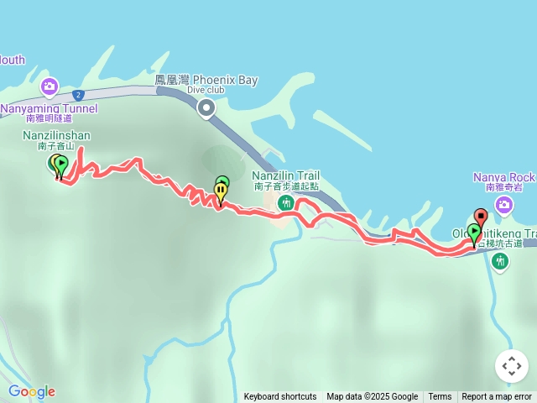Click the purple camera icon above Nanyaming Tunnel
[50, 86]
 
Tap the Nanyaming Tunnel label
[49, 108]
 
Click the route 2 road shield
[77, 95]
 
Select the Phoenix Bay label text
[206, 81]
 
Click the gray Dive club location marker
[206, 107]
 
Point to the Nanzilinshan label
[56, 135]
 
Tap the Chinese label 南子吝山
[56, 146]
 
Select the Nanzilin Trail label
[285, 175]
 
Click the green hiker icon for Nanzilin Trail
[285, 202]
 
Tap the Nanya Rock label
[503, 177]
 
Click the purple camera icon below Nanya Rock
[504, 204]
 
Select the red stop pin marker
[480, 216]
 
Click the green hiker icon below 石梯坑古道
[500, 261]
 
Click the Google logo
[31, 391]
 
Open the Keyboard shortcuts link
[280, 397]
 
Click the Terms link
[440, 397]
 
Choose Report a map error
[497, 397]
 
